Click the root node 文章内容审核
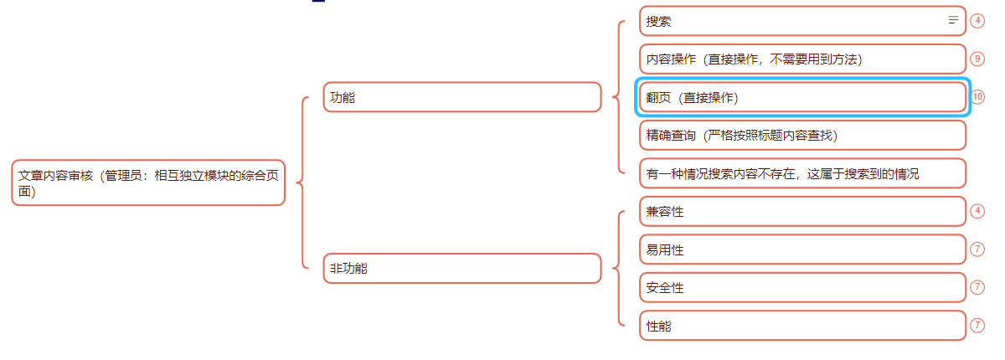pyautogui.click(x=148, y=183)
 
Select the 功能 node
pyautogui.click(x=461, y=97)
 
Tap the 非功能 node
pyautogui.click(x=461, y=269)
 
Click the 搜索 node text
pyautogui.click(x=659, y=22)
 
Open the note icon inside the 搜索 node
pyautogui.click(x=952, y=20)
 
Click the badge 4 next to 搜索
pyautogui.click(x=977, y=21)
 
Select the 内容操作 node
pyautogui.click(x=801, y=59)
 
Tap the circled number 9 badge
pyautogui.click(x=977, y=59)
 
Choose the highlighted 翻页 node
pyautogui.click(x=801, y=97)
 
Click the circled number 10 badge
pyautogui.click(x=978, y=97)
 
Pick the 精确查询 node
pyautogui.click(x=801, y=135)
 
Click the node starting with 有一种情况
pyautogui.click(x=801, y=173)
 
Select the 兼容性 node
pyautogui.click(x=801, y=212)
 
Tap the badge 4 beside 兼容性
pyautogui.click(x=977, y=211)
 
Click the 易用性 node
pyautogui.click(x=801, y=249)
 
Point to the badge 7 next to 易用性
pyautogui.click(x=977, y=249)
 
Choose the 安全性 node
pyautogui.click(x=801, y=287)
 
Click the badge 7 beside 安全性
pyautogui.click(x=977, y=287)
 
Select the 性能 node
pyautogui.click(x=801, y=326)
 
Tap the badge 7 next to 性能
pyautogui.click(x=977, y=325)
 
